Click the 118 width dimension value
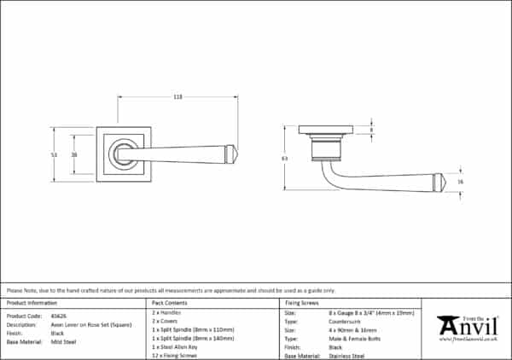pos(177,97)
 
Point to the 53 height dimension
pos(54,154)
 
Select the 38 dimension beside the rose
pos(74,154)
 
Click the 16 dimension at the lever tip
pos(460,183)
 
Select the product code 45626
pos(58,314)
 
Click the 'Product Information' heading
pos(32,303)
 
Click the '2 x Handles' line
pos(166,314)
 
